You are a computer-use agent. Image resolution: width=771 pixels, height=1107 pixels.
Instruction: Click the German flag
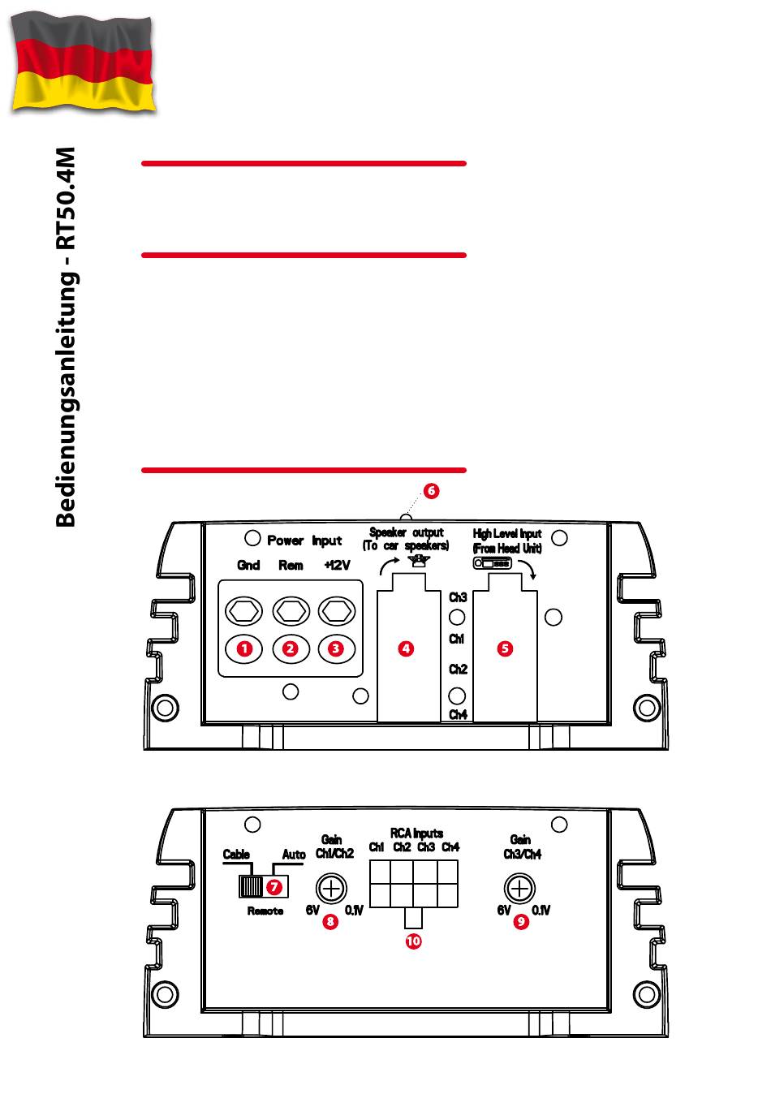[x=83, y=63]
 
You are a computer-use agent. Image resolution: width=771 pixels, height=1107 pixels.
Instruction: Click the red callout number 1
[x=243, y=648]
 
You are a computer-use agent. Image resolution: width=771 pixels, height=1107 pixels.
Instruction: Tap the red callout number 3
[x=336, y=648]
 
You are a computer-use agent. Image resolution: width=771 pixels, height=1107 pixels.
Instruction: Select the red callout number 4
[x=406, y=648]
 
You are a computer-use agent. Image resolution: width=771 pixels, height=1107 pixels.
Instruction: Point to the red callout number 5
[x=505, y=648]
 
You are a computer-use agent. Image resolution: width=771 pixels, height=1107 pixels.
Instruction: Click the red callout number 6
[x=431, y=491]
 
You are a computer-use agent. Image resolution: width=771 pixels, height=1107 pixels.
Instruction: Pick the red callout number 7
[x=275, y=886]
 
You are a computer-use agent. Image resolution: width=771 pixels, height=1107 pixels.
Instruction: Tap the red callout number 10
[x=414, y=941]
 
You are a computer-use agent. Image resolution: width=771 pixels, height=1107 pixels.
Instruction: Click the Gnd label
[x=248, y=565]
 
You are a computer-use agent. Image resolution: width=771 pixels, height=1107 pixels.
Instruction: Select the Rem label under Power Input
[x=291, y=565]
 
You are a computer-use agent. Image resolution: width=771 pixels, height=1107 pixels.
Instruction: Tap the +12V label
[x=337, y=565]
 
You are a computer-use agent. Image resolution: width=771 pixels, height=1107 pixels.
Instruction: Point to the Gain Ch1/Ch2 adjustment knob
[x=331, y=888]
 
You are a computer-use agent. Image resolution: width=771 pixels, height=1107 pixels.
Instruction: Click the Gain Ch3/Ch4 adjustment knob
[x=520, y=888]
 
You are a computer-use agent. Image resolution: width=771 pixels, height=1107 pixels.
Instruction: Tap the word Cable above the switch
[x=236, y=855]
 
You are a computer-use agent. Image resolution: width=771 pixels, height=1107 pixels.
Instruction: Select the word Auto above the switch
[x=294, y=855]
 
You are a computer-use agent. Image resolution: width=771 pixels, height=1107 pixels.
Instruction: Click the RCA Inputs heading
[x=416, y=833]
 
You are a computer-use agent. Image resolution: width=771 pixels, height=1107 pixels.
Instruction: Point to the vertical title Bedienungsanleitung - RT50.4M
[x=67, y=337]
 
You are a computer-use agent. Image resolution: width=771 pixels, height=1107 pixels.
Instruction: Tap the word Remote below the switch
[x=265, y=911]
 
